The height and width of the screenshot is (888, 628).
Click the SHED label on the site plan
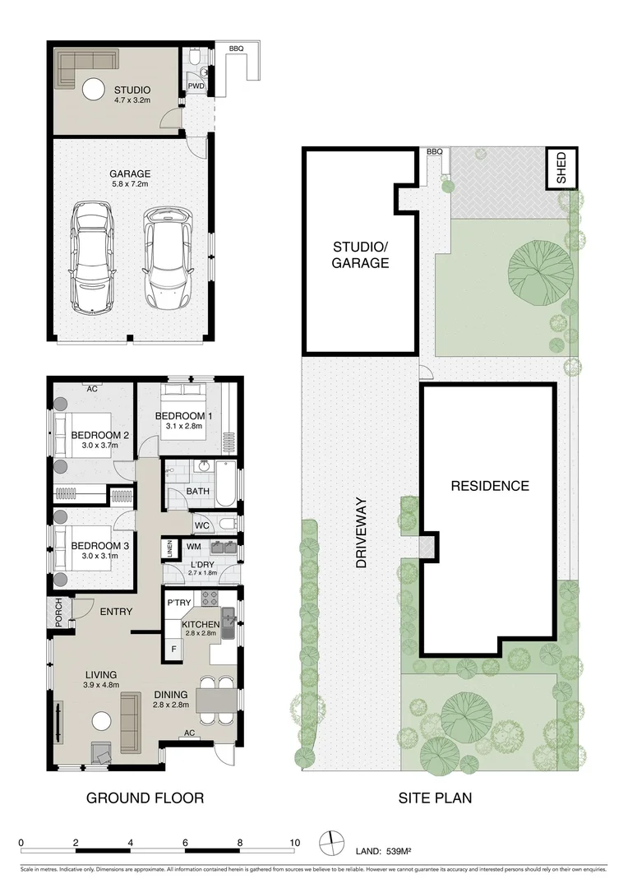click(562, 168)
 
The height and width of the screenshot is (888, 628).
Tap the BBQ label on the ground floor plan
click(236, 49)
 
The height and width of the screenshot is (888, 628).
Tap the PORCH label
click(58, 613)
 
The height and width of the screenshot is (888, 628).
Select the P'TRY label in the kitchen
click(179, 604)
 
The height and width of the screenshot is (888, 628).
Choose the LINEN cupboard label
click(169, 548)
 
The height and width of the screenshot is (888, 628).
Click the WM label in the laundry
click(194, 546)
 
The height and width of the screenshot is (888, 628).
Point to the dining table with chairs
click(216, 699)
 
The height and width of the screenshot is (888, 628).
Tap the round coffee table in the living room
click(101, 721)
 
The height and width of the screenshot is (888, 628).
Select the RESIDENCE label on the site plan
click(489, 486)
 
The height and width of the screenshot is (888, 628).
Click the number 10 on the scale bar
click(294, 842)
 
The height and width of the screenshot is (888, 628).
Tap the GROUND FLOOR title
click(145, 798)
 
